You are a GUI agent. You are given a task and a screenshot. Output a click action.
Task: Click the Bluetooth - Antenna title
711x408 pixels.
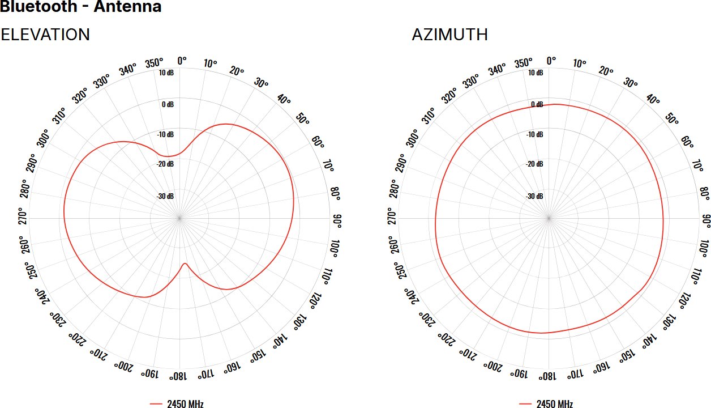81,7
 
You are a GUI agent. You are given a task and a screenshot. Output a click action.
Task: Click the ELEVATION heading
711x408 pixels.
45,35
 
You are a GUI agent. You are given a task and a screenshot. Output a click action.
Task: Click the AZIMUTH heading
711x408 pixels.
449,35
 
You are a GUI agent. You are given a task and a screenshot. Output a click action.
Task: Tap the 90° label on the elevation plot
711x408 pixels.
337,218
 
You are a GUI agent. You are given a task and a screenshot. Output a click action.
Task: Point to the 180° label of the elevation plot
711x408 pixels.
179,376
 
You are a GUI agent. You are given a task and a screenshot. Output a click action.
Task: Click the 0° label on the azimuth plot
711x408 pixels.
550,61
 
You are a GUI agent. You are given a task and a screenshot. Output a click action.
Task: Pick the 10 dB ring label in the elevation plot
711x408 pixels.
166,73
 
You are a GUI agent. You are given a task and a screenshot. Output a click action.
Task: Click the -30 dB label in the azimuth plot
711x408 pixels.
534,196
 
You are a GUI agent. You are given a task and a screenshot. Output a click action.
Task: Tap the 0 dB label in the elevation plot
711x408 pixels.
168,104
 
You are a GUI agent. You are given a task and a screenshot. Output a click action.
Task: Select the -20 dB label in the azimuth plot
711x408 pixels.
534,164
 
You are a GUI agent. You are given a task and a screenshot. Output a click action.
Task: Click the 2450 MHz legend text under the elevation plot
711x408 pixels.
185,404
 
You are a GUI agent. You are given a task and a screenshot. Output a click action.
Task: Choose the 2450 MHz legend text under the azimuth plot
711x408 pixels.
554,404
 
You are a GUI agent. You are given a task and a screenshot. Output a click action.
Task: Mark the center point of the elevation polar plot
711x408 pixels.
180,218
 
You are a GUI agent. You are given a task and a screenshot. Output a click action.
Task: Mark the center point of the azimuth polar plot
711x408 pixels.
549,218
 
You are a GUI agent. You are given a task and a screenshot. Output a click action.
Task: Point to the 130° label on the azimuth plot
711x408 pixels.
667,320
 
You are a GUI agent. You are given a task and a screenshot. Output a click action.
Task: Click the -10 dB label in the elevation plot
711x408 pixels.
166,134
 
